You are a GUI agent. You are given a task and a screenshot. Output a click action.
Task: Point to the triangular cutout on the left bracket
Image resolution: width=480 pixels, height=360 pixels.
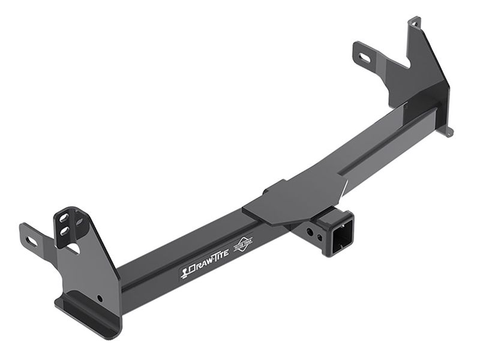(73, 247)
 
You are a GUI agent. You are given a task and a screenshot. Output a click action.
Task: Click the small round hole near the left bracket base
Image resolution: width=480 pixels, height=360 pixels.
(100, 299)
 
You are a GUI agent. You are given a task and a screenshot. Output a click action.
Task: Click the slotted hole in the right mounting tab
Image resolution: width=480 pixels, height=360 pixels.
(365, 58)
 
